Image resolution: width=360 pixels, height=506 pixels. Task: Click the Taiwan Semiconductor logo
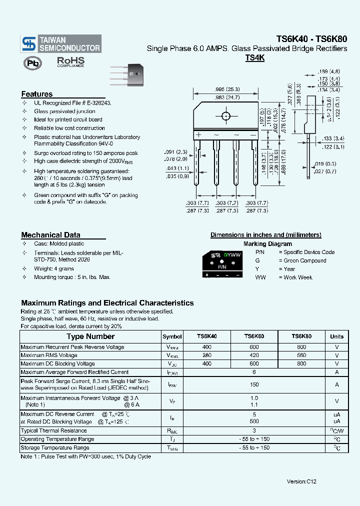[x=61, y=44]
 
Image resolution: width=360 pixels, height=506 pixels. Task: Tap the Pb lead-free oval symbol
[x=33, y=62]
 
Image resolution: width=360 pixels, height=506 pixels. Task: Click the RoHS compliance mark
[x=70, y=62]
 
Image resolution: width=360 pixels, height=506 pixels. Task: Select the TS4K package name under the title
[x=254, y=58]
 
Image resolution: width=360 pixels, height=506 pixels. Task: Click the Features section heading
[x=37, y=94]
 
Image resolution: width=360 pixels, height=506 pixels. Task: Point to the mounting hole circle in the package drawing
[x=226, y=116]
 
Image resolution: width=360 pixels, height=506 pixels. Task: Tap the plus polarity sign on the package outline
[x=198, y=135]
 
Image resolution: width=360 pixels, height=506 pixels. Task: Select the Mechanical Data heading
[x=50, y=235]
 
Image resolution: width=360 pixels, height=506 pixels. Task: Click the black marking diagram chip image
[x=222, y=265]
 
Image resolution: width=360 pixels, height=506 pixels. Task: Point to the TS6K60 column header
[x=254, y=336]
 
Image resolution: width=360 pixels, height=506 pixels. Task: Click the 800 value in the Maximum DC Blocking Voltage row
[x=301, y=364]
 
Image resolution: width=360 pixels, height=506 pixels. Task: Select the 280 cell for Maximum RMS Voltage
[x=206, y=355]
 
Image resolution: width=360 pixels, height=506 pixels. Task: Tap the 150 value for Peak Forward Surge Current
[x=254, y=384]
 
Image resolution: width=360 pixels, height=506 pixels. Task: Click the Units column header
[x=336, y=336]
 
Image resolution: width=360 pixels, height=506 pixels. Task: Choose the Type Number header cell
[x=90, y=336]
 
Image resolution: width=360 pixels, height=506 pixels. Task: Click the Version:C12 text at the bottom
[x=301, y=481]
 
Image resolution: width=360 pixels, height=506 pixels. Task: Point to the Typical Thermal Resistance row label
[x=54, y=430]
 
